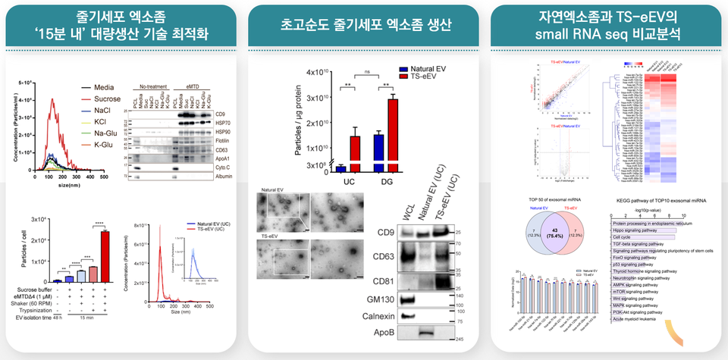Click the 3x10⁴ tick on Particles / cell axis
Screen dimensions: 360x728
[x=36, y=220]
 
